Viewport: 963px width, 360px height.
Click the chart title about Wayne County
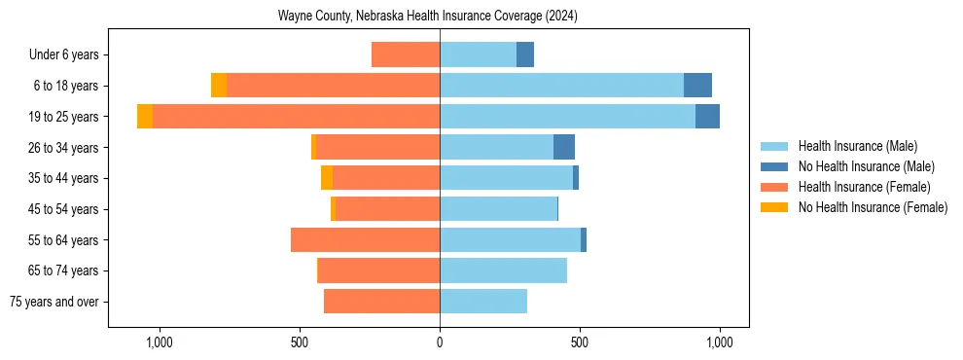(428, 17)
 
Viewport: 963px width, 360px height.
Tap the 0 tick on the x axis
(440, 342)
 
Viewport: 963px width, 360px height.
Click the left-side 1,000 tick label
(159, 342)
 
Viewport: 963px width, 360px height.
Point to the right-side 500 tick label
(579, 342)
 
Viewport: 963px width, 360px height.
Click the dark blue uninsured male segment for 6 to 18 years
(697, 86)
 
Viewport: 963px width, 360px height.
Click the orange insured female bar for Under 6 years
(406, 54)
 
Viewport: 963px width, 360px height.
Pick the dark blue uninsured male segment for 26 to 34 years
(564, 147)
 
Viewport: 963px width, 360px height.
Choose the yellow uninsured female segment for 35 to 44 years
(327, 178)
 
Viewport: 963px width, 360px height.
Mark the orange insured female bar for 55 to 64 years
(365, 239)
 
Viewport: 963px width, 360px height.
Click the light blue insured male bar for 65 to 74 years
(503, 270)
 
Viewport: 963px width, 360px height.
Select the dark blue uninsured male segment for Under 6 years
(525, 54)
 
